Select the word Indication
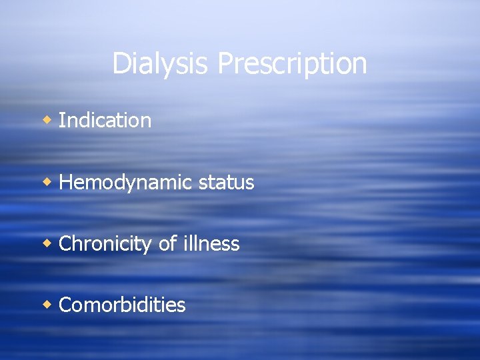pos(105,121)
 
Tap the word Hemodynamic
pos(126,182)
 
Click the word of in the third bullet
pos(167,243)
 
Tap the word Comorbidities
pos(122,305)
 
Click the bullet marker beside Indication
pos(47,121)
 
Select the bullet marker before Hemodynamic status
pos(47,182)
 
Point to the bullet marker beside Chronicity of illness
pos(47,243)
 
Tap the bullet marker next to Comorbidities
pos(47,305)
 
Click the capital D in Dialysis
pos(121,64)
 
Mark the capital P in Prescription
pos(225,64)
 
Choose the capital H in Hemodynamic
pos(65,182)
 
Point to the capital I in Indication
pos(61,121)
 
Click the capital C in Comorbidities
pos(65,305)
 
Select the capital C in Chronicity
pos(65,243)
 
